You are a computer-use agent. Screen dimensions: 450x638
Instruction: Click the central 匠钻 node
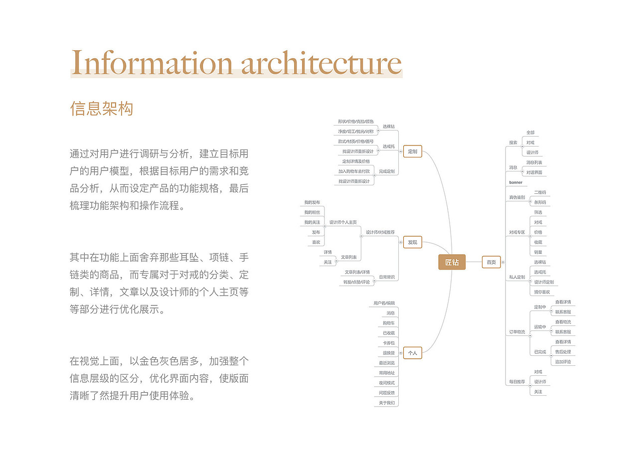point(452,262)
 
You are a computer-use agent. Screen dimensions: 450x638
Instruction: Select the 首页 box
point(491,262)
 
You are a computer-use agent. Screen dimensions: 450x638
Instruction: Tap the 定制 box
point(412,151)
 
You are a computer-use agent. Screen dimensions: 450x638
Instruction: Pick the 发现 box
point(412,242)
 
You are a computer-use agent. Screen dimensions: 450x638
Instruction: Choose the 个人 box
point(412,353)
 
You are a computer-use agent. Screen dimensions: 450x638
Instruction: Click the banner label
point(516,182)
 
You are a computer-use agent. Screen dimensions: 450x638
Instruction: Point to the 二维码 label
point(540,192)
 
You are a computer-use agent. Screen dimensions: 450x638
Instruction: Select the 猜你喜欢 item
point(542,292)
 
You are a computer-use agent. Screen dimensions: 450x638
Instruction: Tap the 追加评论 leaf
point(563,362)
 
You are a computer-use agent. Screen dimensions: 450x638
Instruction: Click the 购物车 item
point(389,323)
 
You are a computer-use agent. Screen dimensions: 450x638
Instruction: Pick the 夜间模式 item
point(387,383)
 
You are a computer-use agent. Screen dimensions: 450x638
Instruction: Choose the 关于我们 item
point(387,403)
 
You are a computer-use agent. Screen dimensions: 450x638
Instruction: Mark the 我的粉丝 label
point(312,212)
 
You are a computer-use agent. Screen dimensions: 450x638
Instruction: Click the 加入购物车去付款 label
point(354,171)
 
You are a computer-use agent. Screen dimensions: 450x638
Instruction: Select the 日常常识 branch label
point(386,277)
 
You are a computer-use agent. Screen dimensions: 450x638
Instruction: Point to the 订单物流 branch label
point(517,332)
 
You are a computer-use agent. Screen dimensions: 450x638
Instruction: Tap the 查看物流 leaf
point(563,322)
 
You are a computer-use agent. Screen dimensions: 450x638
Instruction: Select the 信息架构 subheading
point(102,108)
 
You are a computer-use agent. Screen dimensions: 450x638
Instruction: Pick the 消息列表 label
point(534,162)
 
